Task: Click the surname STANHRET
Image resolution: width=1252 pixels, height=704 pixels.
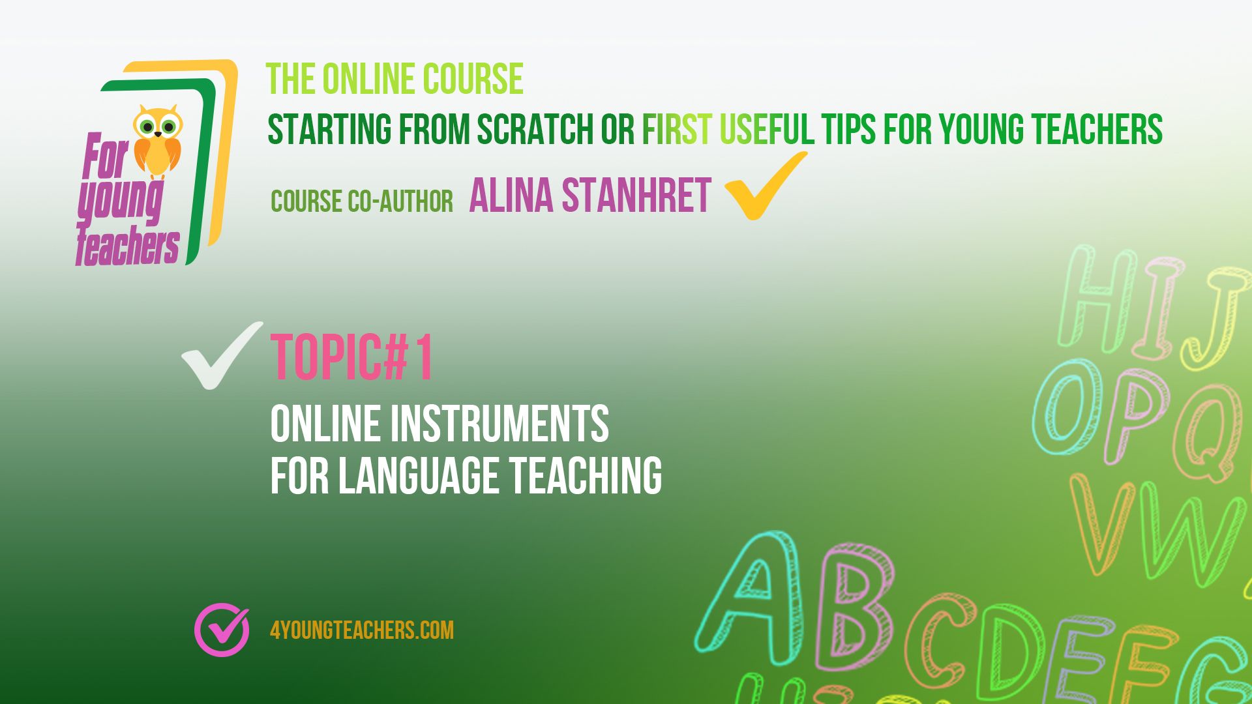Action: [636, 195]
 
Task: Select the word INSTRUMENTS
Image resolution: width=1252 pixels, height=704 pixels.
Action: [499, 424]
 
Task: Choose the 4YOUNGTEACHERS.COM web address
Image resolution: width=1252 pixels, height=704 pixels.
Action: [362, 630]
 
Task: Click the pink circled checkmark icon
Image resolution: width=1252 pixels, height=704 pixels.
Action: [222, 629]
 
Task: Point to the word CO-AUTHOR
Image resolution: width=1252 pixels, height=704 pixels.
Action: [400, 201]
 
